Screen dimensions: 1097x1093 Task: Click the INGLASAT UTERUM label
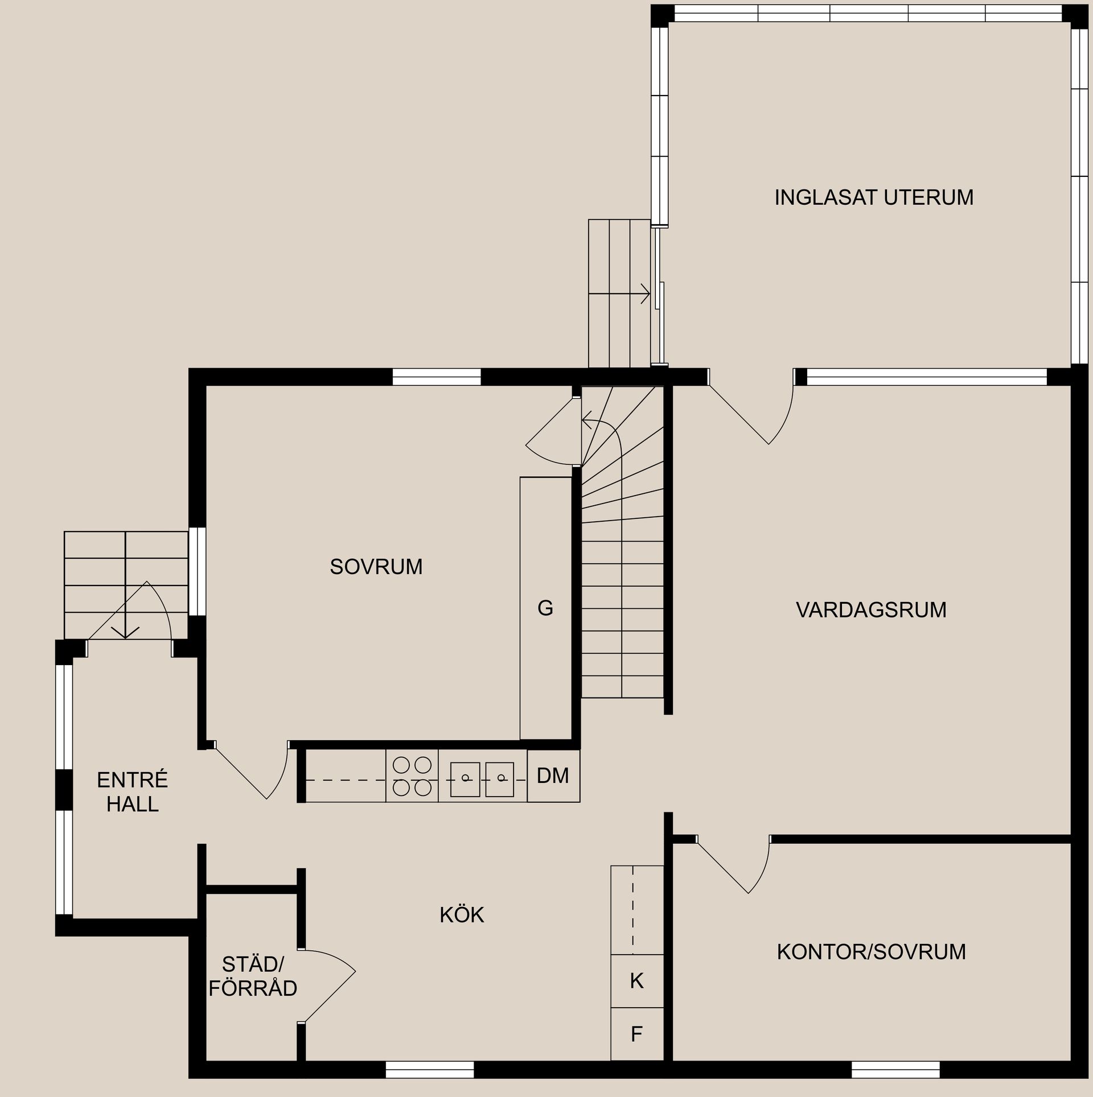pos(873,197)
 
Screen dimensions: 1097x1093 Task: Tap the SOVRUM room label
pos(376,567)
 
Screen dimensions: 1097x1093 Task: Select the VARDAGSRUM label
pos(870,610)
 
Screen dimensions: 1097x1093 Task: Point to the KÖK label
pos(462,915)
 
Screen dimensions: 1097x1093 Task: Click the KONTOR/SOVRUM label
pos(871,952)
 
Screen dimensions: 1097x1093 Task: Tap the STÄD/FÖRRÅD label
pos(253,976)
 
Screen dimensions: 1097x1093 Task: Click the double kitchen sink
pos(482,779)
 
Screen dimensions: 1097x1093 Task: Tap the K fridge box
pos(637,981)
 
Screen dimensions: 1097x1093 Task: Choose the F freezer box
pos(637,1034)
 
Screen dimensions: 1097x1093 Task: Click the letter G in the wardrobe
pos(545,609)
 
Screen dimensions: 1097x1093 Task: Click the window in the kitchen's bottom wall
pos(430,1070)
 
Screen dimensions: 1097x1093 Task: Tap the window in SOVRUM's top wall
pos(437,377)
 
